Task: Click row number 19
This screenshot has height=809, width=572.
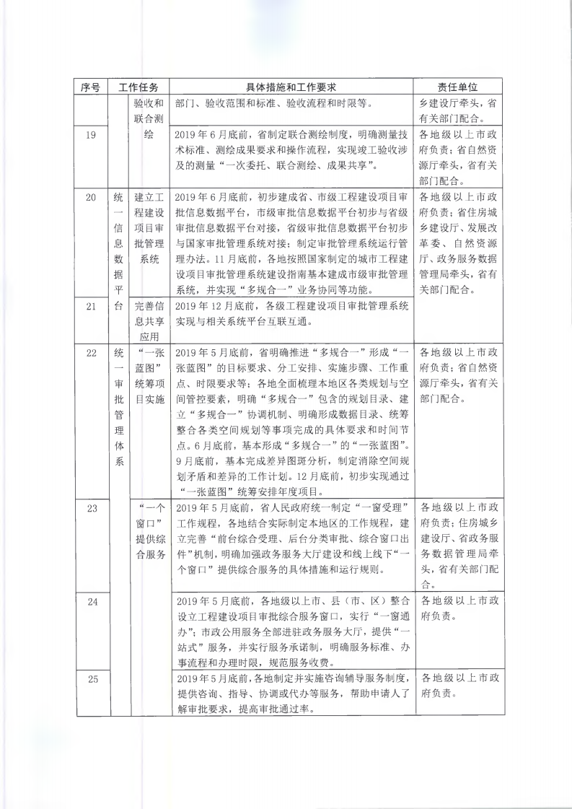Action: point(91,135)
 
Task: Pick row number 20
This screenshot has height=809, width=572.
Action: point(91,196)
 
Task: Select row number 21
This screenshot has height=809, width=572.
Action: point(91,306)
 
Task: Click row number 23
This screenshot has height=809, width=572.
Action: point(91,508)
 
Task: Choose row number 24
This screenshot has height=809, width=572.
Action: point(91,601)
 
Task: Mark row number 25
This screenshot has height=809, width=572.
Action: point(91,679)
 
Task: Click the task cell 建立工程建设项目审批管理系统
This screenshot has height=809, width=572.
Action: point(150,228)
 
